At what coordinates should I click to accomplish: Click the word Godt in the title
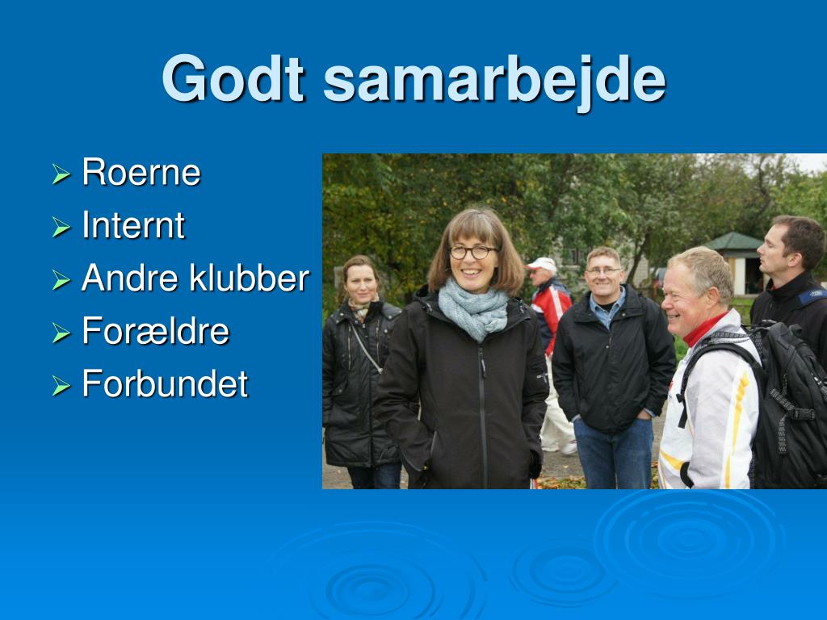[233, 78]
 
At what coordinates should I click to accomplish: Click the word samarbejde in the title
[495, 82]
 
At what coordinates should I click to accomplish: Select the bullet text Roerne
[141, 172]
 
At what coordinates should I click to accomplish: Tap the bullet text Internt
[133, 225]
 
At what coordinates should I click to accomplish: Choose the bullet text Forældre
[156, 330]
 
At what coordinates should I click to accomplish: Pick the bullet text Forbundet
[165, 383]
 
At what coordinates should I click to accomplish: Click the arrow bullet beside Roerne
[61, 174]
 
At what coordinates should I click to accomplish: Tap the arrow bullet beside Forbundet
[61, 385]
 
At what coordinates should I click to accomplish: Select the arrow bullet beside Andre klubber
[61, 279]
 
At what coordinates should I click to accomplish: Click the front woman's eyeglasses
[473, 252]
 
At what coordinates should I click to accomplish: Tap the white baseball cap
[542, 264]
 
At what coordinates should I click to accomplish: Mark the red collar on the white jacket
[704, 329]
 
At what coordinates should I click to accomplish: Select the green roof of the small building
[733, 241]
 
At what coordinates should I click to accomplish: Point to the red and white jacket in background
[550, 314]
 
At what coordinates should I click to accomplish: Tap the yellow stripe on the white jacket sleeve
[737, 421]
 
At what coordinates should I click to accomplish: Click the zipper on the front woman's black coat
[483, 417]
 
